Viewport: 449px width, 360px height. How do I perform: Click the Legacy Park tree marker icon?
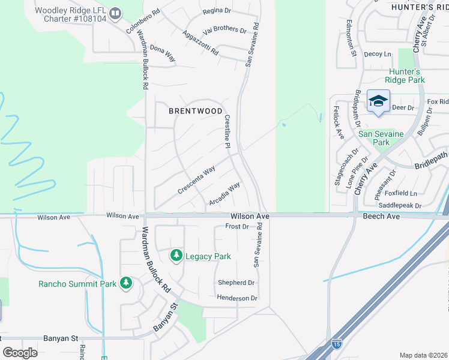(x=176, y=256)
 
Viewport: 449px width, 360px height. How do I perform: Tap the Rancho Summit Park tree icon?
(x=125, y=283)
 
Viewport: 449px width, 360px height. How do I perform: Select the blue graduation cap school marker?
(x=378, y=101)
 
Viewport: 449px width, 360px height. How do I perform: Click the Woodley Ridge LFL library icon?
(x=116, y=11)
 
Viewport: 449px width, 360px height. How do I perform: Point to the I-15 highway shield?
(x=336, y=344)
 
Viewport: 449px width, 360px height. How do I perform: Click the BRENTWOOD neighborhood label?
(x=196, y=111)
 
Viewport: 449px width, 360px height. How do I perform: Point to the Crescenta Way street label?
(x=196, y=181)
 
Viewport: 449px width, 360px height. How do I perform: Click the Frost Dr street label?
(x=237, y=226)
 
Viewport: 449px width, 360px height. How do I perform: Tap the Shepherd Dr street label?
(x=236, y=283)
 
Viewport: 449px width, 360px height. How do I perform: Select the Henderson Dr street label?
(x=237, y=298)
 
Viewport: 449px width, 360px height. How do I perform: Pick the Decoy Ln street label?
(x=377, y=54)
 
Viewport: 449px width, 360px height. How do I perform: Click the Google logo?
(x=20, y=353)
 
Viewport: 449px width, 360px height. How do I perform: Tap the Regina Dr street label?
(x=217, y=11)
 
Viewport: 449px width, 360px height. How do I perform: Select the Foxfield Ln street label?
(x=400, y=193)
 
